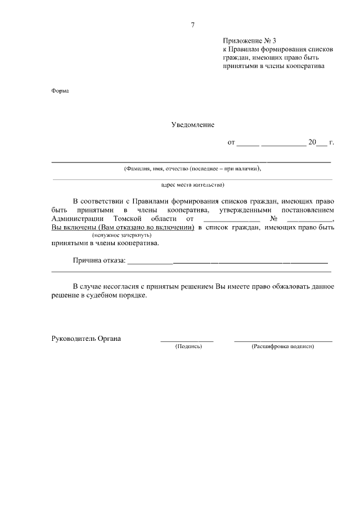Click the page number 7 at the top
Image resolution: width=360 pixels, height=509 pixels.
pyautogui.click(x=192, y=25)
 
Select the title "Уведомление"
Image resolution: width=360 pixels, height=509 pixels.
pyautogui.click(x=192, y=125)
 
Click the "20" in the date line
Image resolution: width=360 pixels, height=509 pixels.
pyautogui.click(x=312, y=143)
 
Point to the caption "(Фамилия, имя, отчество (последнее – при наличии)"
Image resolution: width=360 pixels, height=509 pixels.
pyautogui.click(x=192, y=168)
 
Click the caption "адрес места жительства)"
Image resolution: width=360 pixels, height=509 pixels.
pyautogui.click(x=192, y=184)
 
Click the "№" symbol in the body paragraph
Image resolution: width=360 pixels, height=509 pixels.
pyautogui.click(x=259, y=218)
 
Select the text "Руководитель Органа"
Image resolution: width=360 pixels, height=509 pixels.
pyautogui.click(x=86, y=339)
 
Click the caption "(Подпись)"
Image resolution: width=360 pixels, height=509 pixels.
pyautogui.click(x=188, y=346)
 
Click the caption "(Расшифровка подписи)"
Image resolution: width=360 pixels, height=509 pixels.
pyautogui.click(x=282, y=346)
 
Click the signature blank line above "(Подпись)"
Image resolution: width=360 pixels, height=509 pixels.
pyautogui.click(x=187, y=341)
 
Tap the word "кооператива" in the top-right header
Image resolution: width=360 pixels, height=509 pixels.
pyautogui.click(x=307, y=66)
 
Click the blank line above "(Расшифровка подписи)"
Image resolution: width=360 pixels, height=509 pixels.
pyautogui.click(x=282, y=341)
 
